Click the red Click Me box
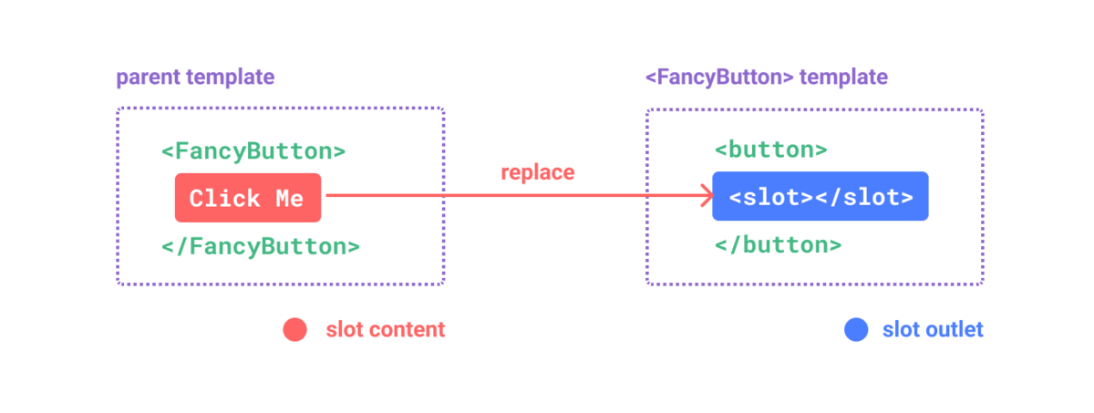click(x=247, y=197)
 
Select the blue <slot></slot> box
click(x=820, y=196)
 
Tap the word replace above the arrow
click(x=538, y=171)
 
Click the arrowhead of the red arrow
click(x=705, y=194)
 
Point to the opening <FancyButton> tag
click(x=253, y=151)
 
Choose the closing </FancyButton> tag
click(x=260, y=246)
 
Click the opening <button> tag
click(x=770, y=150)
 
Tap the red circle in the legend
click(x=295, y=330)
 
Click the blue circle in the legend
click(x=855, y=330)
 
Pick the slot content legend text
click(x=386, y=330)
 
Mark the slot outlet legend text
click(x=933, y=330)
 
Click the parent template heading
click(x=195, y=78)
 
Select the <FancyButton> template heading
click(x=766, y=78)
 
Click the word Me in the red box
click(x=288, y=198)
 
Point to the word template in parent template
click(x=230, y=78)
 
